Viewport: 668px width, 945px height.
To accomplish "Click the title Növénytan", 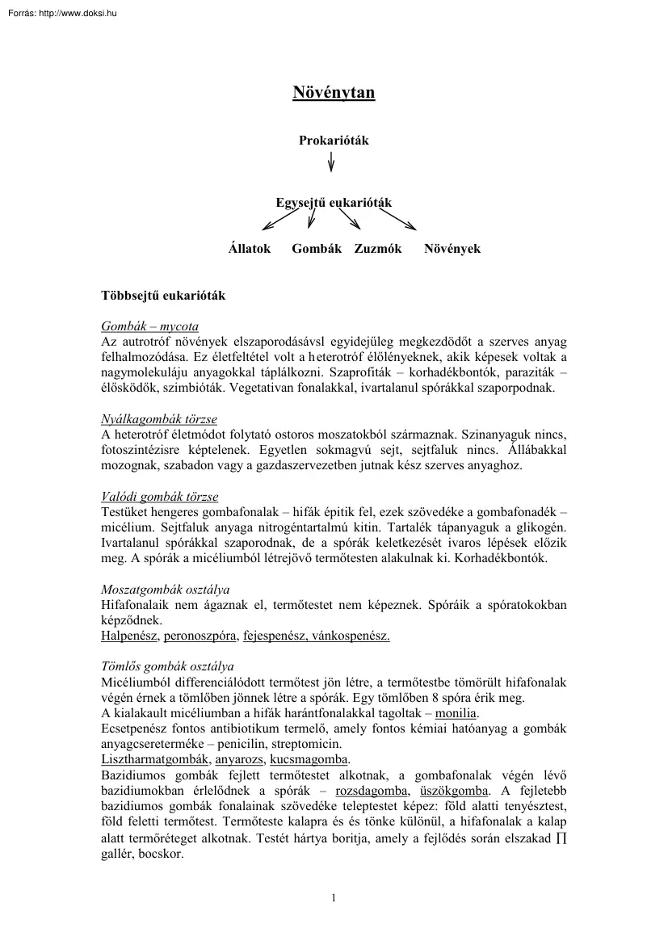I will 334,94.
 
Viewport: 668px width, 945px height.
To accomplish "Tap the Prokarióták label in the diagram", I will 334,141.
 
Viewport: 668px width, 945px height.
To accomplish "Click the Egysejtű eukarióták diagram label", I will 334,202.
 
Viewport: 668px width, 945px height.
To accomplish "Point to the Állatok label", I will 250,249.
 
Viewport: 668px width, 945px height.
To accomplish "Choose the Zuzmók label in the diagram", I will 378,249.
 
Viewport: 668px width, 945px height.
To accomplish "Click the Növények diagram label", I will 452,249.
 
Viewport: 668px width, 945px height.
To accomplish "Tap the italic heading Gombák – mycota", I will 149,327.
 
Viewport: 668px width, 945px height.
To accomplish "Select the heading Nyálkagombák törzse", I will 158,419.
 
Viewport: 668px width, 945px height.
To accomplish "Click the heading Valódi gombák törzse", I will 159,497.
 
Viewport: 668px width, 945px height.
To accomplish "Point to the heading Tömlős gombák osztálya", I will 167,666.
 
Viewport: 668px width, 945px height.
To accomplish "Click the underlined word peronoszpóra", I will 200,636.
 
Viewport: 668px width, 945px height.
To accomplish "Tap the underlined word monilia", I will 456,714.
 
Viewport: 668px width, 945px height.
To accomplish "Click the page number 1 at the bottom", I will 334,897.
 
